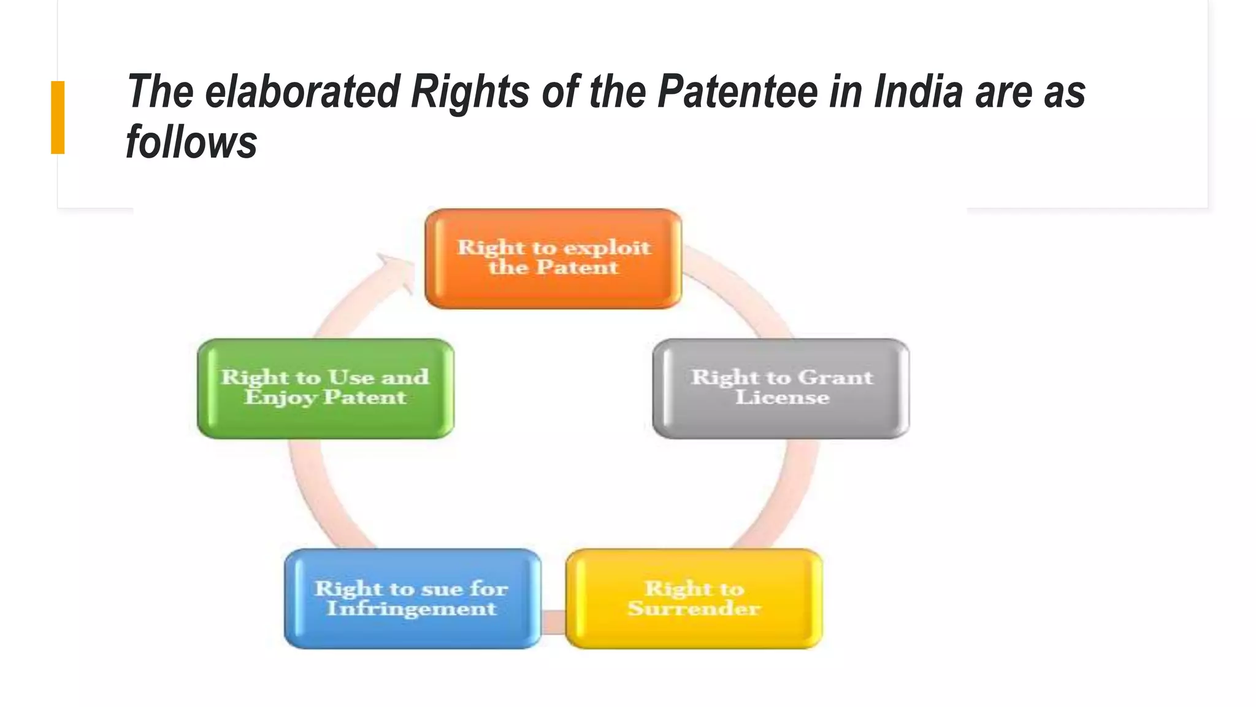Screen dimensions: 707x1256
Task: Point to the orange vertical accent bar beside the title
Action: (58, 117)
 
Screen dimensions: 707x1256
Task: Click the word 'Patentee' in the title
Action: (738, 92)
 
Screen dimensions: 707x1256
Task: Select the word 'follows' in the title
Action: (191, 142)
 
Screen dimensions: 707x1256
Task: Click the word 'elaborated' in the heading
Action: (302, 92)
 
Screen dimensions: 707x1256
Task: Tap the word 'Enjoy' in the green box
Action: (280, 398)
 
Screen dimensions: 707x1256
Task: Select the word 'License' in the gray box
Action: (782, 398)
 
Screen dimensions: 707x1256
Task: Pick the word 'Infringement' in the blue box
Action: (412, 609)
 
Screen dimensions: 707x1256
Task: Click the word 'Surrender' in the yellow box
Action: (694, 609)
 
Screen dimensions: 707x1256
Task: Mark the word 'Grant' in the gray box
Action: (835, 377)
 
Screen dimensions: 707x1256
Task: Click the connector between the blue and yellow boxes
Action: (554, 621)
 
